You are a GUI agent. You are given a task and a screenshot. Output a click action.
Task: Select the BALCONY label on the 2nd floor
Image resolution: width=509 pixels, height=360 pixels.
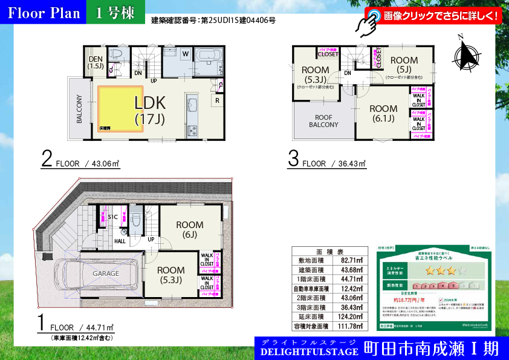pos(79,110)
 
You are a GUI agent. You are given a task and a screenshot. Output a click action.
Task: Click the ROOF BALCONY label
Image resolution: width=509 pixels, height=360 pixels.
pos(324,121)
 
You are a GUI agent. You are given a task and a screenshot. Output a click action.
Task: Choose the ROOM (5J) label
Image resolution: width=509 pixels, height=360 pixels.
pos(404,64)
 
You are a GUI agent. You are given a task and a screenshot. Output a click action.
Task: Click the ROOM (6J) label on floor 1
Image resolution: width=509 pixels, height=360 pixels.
pos(190,229)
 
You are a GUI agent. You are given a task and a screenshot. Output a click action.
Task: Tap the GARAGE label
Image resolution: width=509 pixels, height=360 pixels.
pos(105,273)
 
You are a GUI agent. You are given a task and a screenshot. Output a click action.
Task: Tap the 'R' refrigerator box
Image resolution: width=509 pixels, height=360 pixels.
pos(216,100)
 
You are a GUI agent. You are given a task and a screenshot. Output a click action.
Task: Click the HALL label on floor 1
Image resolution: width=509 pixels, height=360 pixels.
pos(120,241)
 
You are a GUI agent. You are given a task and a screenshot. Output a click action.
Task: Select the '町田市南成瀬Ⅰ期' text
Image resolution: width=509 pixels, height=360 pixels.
pos(431,349)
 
